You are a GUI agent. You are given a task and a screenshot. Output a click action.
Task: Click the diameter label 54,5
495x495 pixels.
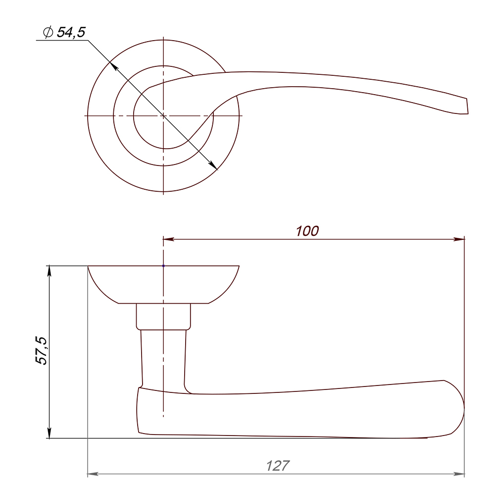[71, 33]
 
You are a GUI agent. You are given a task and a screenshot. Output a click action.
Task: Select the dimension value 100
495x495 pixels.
[307, 231]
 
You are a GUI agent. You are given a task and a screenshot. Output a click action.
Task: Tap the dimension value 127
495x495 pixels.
[278, 466]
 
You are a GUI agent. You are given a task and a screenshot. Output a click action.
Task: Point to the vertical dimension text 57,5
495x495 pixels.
[41, 351]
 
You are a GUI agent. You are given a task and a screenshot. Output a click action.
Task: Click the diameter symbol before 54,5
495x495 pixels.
[48, 32]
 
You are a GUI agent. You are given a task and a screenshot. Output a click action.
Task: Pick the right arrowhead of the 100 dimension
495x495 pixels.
[459, 239]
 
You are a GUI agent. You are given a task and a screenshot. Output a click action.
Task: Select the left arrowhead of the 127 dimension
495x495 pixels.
[93, 474]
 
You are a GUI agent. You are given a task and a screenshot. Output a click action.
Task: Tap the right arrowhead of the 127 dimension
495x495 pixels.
[459, 474]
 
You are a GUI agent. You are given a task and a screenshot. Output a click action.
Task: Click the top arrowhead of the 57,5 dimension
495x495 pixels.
[49, 271]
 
